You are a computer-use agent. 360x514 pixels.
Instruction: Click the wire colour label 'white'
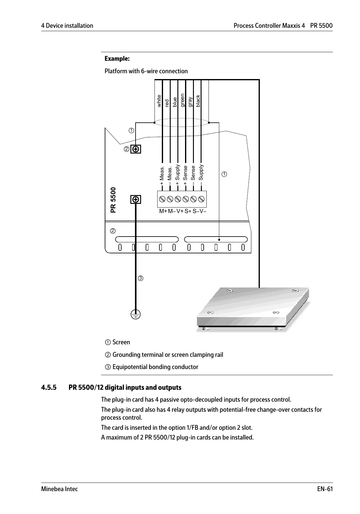click(159, 101)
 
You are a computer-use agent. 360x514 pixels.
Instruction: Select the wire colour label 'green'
click(183, 100)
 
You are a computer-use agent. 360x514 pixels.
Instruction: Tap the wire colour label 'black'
click(198, 101)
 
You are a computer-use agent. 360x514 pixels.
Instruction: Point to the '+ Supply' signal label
click(177, 175)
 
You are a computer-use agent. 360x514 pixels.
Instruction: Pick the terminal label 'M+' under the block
click(163, 211)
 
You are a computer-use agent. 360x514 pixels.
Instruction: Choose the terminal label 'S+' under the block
click(188, 211)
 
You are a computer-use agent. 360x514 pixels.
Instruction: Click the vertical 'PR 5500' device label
click(113, 200)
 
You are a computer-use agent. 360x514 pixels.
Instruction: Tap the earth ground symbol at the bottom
click(136, 314)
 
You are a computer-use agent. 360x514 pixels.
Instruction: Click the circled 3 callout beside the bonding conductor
click(140, 278)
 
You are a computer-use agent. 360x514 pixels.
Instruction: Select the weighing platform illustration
click(253, 309)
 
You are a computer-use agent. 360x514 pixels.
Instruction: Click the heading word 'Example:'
click(117, 58)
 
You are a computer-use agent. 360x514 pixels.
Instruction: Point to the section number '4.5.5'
click(49, 388)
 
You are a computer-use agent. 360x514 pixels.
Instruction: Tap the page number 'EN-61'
click(325, 489)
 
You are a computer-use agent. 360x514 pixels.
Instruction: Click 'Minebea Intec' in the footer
click(60, 489)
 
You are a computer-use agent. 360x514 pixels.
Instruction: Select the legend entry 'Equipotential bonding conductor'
click(155, 367)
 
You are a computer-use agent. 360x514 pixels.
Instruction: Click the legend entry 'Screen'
click(121, 342)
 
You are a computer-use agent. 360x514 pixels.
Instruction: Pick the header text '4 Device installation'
click(67, 26)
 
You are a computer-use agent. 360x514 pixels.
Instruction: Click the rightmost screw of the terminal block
click(201, 199)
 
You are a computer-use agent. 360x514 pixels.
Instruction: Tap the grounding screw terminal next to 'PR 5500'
click(136, 200)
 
